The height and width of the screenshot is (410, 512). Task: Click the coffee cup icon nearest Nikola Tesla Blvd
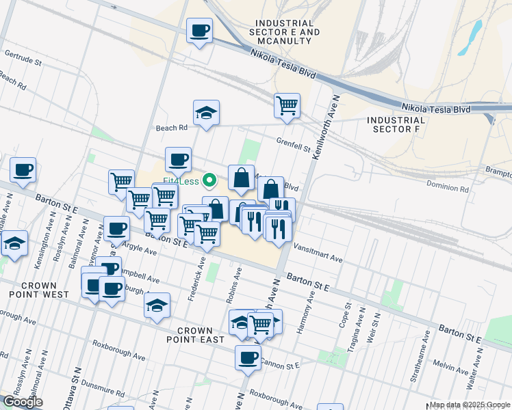[x=199, y=30]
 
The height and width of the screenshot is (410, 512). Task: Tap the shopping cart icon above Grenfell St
[x=287, y=106]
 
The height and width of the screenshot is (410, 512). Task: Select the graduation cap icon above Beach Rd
[x=205, y=113]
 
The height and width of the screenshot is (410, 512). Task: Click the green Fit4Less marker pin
[x=212, y=181]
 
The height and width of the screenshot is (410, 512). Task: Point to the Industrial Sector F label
[x=396, y=124]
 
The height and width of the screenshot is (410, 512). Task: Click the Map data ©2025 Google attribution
[x=470, y=405]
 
